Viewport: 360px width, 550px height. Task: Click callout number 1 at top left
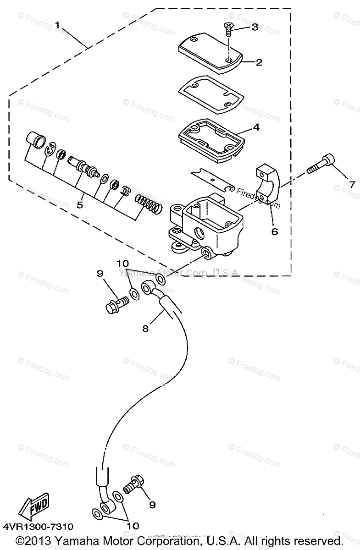click(x=57, y=25)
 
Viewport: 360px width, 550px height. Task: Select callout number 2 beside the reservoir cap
click(x=259, y=62)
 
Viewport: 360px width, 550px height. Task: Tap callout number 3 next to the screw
click(x=255, y=27)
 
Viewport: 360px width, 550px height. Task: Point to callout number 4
click(x=256, y=127)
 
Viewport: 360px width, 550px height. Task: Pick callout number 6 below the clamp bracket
click(x=275, y=231)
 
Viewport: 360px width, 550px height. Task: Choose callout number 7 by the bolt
click(x=352, y=185)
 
